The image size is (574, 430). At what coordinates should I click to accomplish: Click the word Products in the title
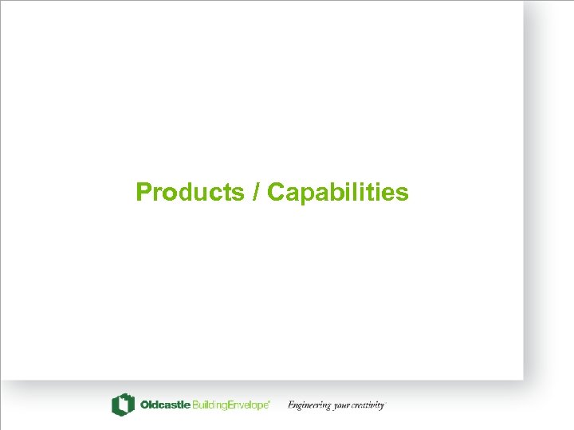[190, 193]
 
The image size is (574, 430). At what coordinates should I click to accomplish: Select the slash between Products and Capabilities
[256, 193]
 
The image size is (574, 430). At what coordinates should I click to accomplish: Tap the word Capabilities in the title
[338, 193]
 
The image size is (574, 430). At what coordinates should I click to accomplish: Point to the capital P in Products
[143, 193]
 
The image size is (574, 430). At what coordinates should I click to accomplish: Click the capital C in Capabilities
[276, 193]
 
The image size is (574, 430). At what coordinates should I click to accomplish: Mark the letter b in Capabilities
[336, 193]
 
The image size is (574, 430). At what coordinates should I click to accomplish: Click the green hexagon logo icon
[123, 405]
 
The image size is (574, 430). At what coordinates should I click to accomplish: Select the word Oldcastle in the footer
[165, 405]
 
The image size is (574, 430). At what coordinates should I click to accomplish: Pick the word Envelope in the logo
[249, 405]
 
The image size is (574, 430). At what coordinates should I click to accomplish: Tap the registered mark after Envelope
[270, 402]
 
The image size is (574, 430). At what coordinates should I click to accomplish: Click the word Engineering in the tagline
[309, 405]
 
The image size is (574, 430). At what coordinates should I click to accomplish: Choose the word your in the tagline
[342, 406]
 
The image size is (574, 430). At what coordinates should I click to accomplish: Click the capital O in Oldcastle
[144, 405]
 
